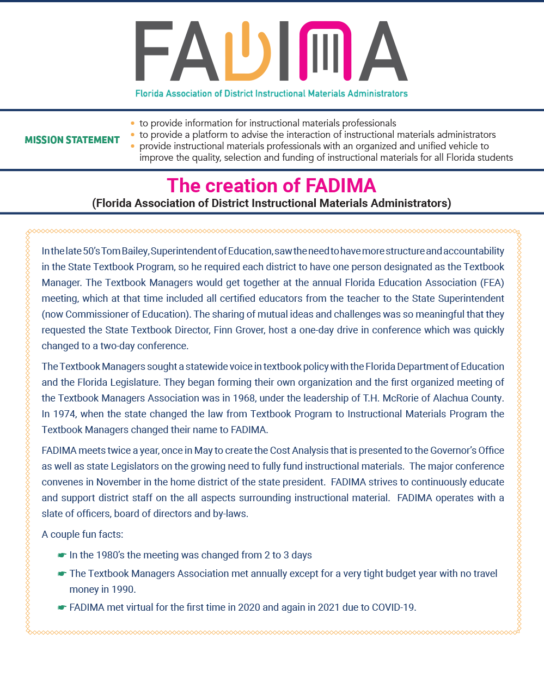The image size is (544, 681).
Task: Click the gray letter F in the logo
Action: point(154,51)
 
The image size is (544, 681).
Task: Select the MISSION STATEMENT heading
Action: point(72,140)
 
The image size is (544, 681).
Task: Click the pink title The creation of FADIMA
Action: point(271,186)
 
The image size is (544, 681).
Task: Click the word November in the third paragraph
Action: point(119,482)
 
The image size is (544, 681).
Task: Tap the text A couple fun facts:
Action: point(82,534)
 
